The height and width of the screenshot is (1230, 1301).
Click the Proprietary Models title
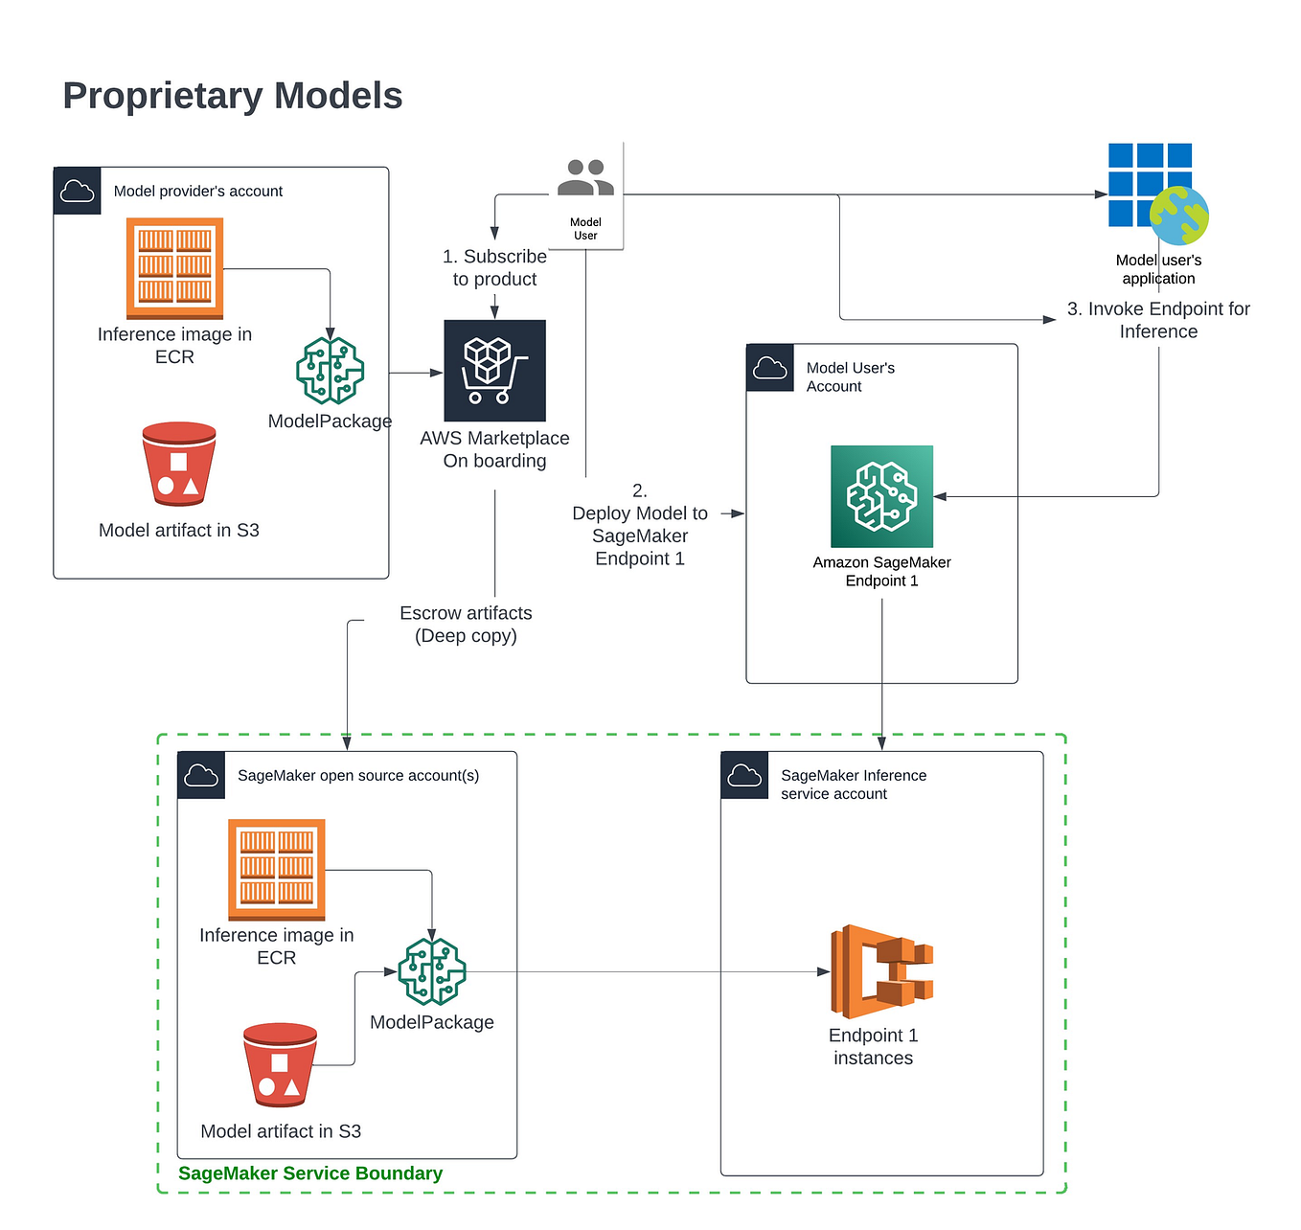pos(233,96)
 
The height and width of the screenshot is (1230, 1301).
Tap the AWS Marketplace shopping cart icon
pos(494,371)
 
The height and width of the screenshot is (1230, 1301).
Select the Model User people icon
pos(585,178)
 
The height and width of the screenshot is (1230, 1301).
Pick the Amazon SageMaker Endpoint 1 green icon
pos(881,496)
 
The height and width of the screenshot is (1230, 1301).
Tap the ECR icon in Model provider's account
pos(174,268)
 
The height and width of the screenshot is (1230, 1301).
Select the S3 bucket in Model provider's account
pos(179,464)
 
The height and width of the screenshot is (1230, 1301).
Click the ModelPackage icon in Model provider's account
pos(330,371)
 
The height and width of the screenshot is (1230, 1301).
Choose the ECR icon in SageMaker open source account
pos(276,870)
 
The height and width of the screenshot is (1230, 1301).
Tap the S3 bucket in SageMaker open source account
pos(280,1064)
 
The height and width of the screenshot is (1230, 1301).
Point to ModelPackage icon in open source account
pos(432,971)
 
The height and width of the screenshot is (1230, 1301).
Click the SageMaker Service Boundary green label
pos(310,1173)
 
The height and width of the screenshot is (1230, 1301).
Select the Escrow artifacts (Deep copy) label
pos(466,625)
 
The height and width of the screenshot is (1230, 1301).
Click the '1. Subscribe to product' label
pos(494,268)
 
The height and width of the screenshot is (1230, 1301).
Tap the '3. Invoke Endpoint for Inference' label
pos(1158,320)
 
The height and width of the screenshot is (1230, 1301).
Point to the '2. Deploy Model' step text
pos(640,525)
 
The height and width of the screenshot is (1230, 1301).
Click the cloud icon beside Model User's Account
pos(770,368)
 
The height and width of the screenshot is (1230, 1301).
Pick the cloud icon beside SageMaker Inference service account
pos(744,776)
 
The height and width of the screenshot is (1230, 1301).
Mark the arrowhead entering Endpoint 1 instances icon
pos(824,971)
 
